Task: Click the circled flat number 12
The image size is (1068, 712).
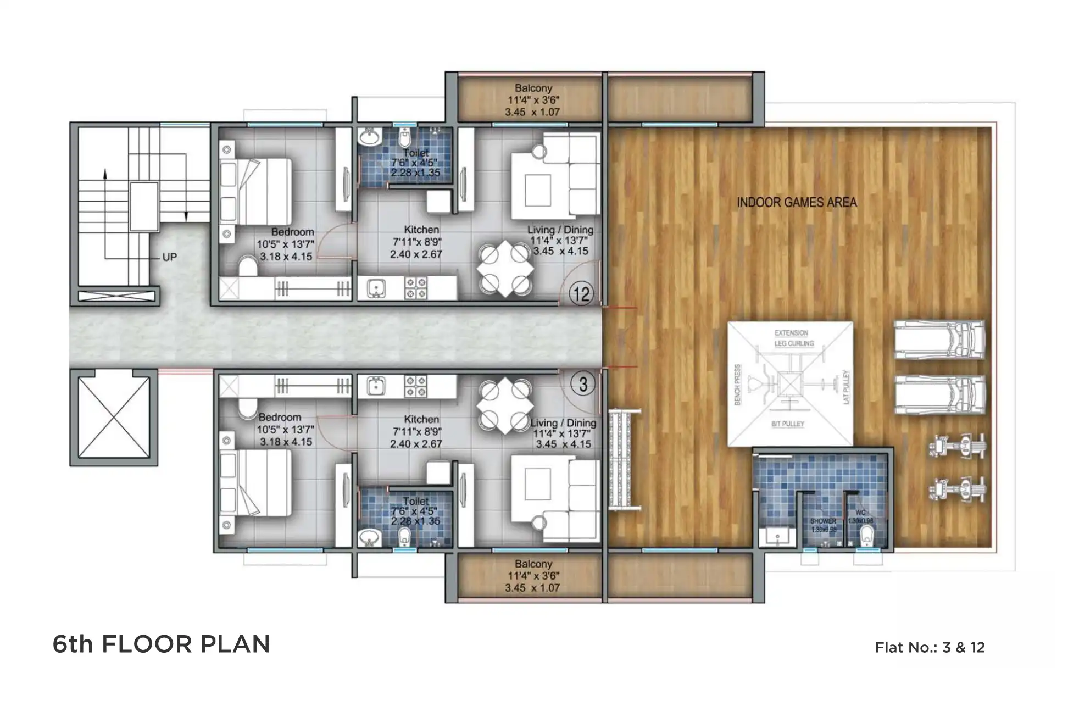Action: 581,294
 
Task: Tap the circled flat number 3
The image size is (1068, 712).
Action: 583,384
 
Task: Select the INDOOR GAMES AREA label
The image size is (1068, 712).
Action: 796,202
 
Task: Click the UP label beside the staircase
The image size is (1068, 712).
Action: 169,257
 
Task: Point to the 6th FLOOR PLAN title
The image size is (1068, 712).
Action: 161,644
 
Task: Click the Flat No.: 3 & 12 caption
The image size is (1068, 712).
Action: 930,647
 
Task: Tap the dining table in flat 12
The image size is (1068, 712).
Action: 505,269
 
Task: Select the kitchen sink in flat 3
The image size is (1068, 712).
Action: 376,386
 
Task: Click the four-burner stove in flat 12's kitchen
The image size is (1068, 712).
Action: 416,288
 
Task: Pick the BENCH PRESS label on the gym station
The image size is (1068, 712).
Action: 737,385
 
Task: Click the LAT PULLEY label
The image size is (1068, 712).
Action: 846,387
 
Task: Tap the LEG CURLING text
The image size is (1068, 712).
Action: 794,343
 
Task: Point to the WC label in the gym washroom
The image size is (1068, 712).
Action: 860,513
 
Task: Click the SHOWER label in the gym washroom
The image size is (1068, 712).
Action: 823,521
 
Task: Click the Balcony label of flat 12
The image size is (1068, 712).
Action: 533,88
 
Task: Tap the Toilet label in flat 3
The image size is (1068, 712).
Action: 415,501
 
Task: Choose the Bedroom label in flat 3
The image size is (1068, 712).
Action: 280,418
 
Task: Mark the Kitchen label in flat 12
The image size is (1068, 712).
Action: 421,230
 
